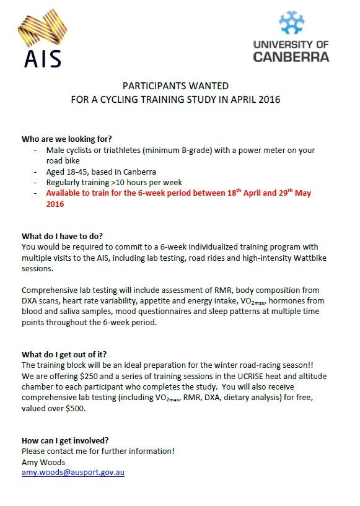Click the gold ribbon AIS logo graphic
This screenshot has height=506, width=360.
[x=43, y=30]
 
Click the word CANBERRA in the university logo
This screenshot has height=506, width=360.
[x=291, y=56]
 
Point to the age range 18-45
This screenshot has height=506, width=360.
[x=82, y=172]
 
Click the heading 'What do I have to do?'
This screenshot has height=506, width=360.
[x=62, y=236]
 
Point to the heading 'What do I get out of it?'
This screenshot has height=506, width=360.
[x=64, y=355]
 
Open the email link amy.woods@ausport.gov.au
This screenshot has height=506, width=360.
[x=73, y=473]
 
